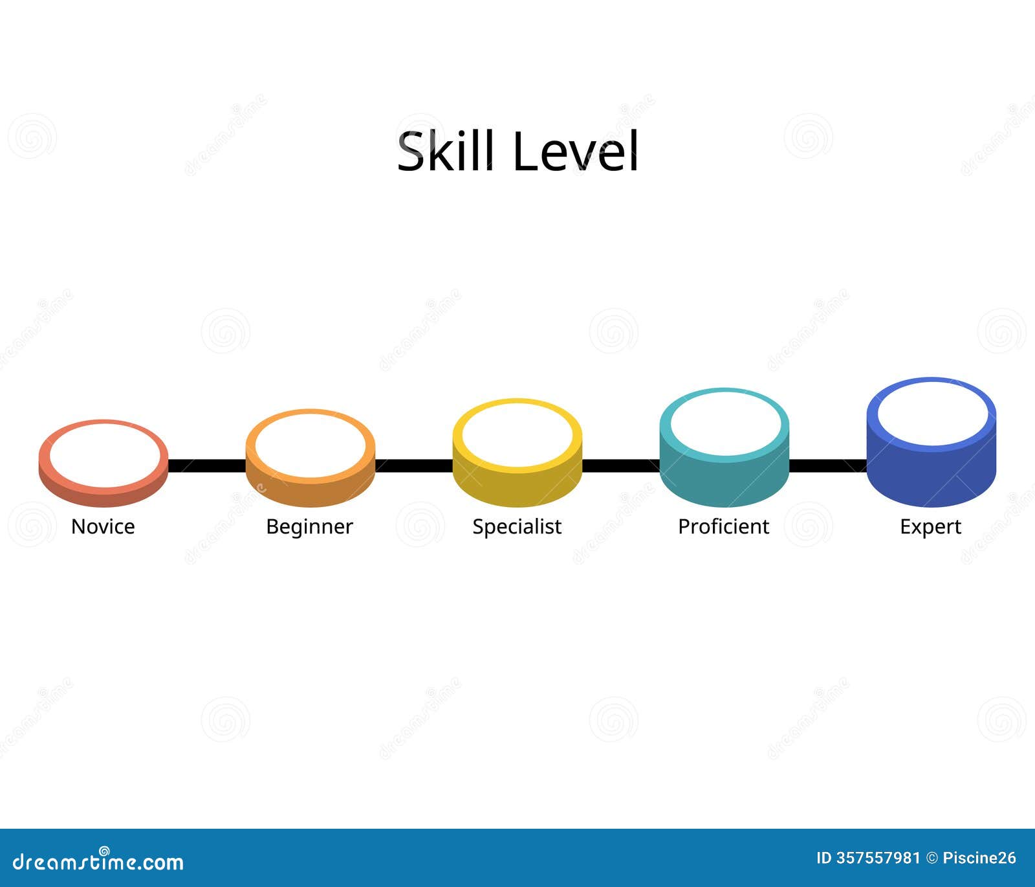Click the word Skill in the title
click(446, 151)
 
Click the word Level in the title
click(575, 151)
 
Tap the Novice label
click(103, 526)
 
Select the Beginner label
click(309, 526)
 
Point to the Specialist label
click(517, 526)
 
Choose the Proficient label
click(723, 526)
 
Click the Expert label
click(930, 526)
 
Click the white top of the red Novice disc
click(103, 455)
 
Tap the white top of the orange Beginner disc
click(310, 444)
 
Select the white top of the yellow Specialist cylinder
click(517, 433)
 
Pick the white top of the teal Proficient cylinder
click(724, 424)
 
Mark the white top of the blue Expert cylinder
click(931, 412)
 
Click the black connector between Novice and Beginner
click(207, 466)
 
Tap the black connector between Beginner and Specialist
click(414, 466)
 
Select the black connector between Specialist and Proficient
click(621, 466)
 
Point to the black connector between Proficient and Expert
click(828, 466)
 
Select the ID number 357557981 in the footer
click(877, 858)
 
